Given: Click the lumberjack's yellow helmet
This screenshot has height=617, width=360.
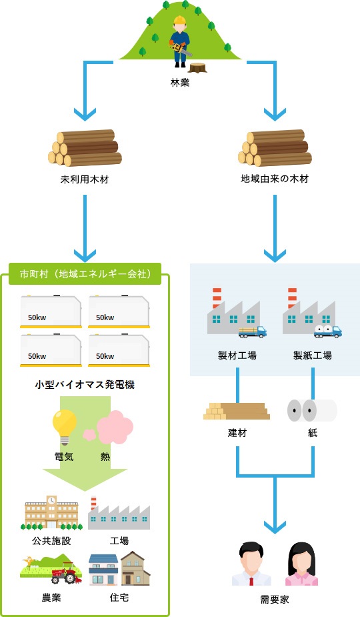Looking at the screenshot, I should [x=179, y=21].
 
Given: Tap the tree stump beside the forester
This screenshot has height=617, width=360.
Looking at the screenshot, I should [x=197, y=67].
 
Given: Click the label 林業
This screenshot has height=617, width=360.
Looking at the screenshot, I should [x=180, y=83].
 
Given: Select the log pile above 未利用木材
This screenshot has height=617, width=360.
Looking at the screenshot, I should [x=85, y=148].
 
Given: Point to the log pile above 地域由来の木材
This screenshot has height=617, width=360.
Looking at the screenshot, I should [x=274, y=148].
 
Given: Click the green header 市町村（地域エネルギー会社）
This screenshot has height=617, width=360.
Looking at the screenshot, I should [x=85, y=273].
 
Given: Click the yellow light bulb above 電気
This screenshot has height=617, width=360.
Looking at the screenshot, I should [x=65, y=426].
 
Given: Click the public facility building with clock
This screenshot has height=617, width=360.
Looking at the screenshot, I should [x=51, y=513].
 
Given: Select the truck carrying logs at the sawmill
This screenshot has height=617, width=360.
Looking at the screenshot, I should [x=253, y=331].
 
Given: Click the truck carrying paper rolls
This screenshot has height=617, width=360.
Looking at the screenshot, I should [x=328, y=331].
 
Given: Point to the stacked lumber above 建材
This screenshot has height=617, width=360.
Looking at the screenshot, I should [x=237, y=411].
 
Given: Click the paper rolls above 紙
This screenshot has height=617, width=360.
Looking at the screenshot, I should [x=312, y=410].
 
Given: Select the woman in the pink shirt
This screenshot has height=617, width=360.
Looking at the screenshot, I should [x=301, y=564].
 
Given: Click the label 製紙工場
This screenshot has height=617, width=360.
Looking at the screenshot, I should [x=312, y=356].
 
